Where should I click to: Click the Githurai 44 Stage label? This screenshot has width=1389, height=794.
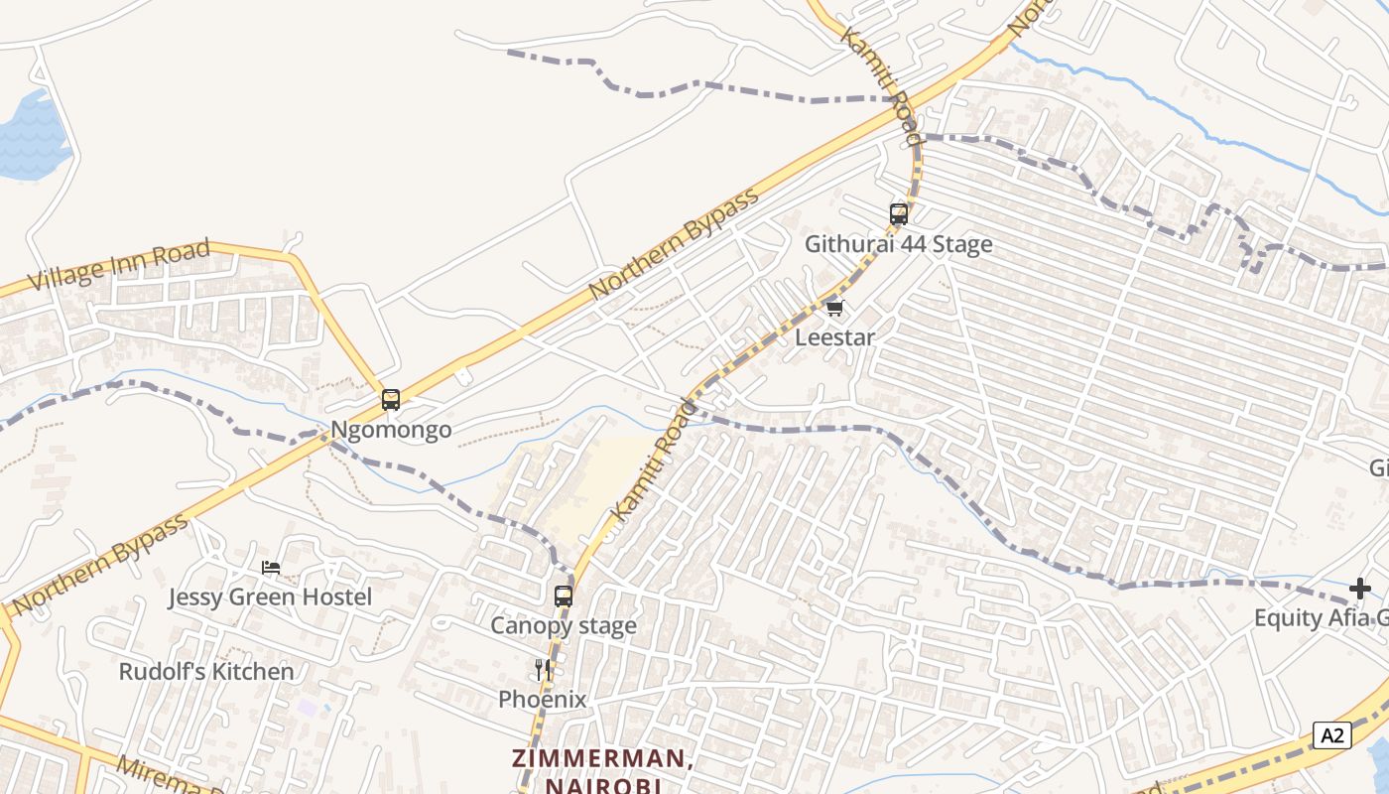[x=898, y=244]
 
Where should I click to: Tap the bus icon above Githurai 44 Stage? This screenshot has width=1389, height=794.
[x=899, y=213]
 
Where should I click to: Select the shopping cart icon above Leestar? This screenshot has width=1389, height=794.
[x=834, y=308]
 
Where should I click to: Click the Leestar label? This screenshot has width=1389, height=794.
[x=835, y=337]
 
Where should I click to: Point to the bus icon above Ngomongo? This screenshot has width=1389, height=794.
[x=391, y=400]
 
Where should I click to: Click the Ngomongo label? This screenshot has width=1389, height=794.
[x=391, y=430]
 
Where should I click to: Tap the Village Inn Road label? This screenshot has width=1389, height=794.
[x=119, y=265]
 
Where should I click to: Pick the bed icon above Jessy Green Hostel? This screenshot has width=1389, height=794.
[x=271, y=568]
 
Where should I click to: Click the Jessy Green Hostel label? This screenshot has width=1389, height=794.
[x=270, y=597]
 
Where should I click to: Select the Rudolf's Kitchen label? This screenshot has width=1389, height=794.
[x=206, y=672]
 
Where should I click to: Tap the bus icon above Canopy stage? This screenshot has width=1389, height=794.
[x=564, y=595]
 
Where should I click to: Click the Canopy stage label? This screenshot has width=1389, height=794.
[x=564, y=626]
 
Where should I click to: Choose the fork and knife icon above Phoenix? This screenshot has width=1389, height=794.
[x=543, y=670]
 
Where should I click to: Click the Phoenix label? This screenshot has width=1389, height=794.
[x=542, y=700]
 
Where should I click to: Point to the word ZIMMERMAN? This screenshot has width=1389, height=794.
[x=602, y=759]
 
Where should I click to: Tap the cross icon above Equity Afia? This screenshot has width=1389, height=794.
[x=1359, y=590]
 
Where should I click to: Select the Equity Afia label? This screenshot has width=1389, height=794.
[x=1320, y=618]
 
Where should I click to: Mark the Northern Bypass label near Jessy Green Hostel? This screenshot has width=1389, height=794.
[x=99, y=566]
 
